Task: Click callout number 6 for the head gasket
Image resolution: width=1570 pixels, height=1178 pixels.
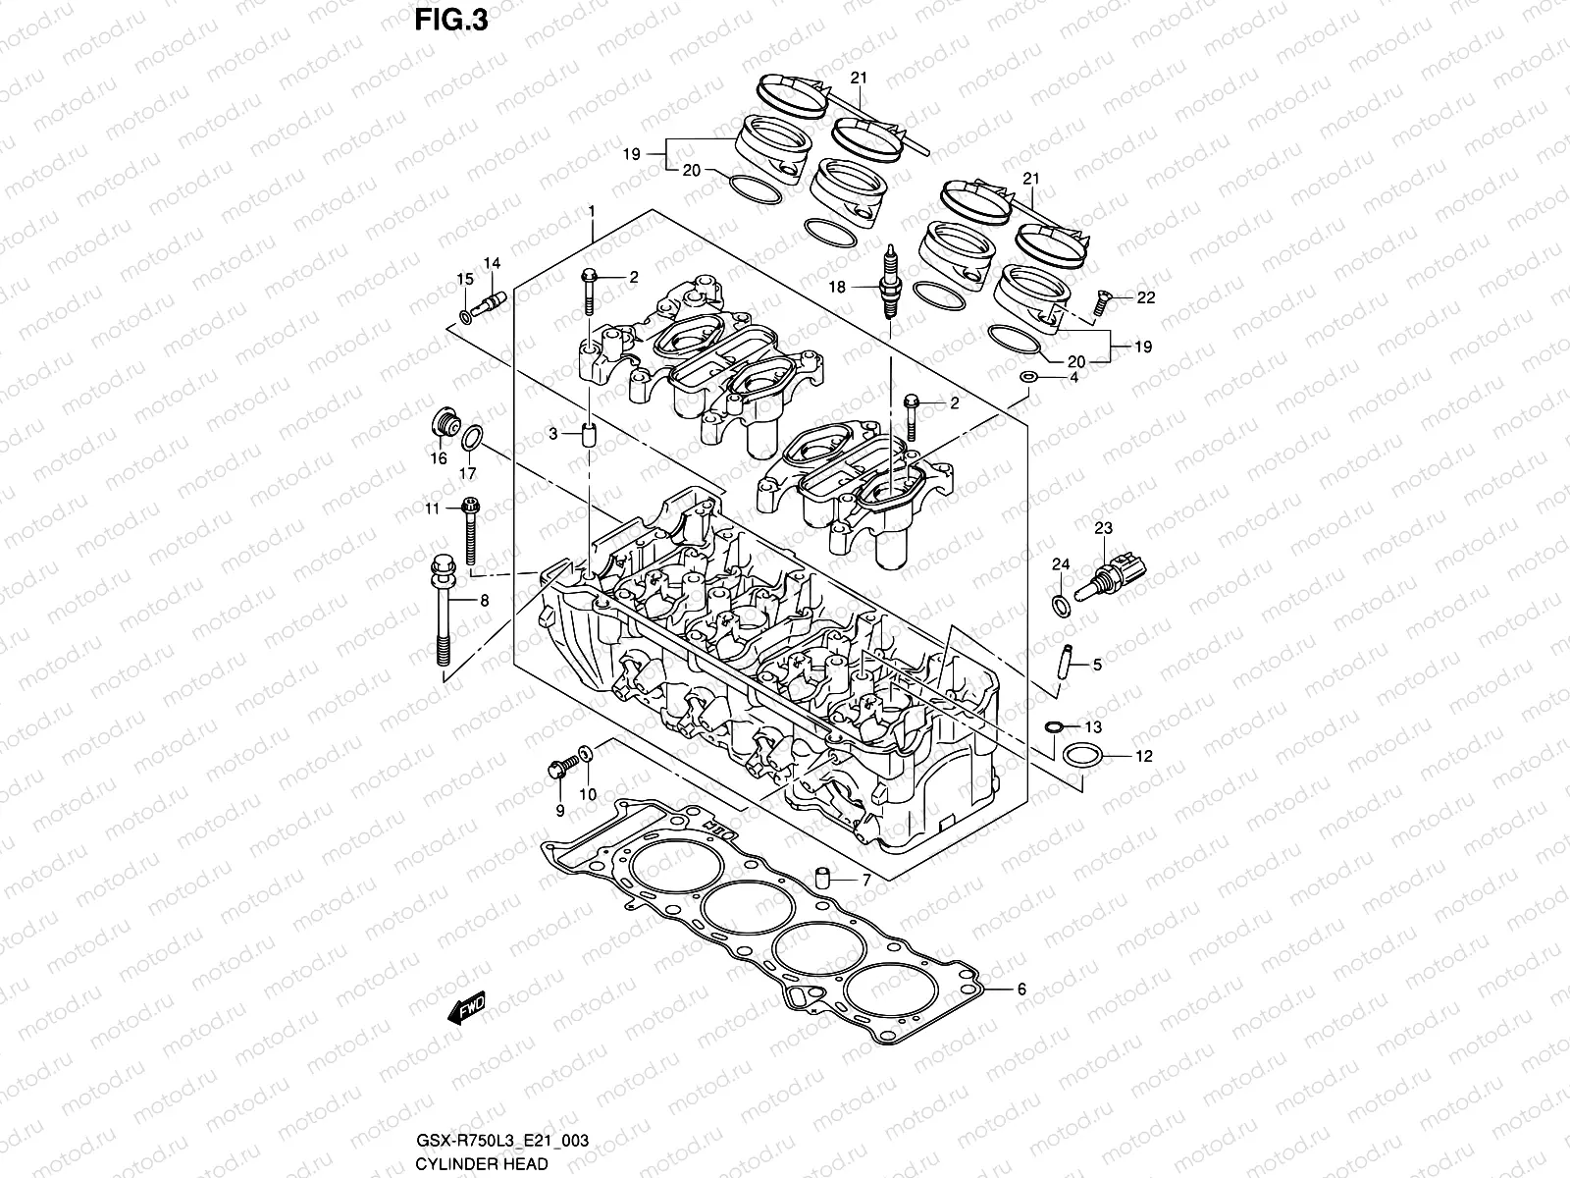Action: point(1020,990)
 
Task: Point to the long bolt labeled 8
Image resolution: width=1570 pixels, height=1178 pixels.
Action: point(444,609)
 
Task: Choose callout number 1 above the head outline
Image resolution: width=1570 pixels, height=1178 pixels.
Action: point(592,212)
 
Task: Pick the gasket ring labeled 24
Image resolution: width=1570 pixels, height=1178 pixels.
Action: point(1061,604)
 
